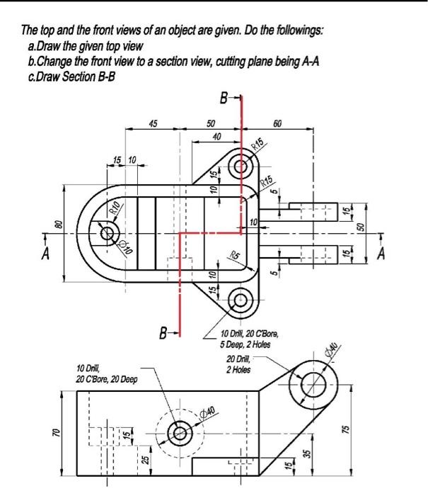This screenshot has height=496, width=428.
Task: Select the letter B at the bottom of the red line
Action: [x=163, y=332]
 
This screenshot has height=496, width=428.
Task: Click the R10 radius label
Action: [x=115, y=208]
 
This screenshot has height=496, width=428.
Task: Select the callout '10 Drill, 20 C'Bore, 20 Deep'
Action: [x=106, y=373]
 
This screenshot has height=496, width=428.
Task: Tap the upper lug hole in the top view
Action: [x=241, y=167]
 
